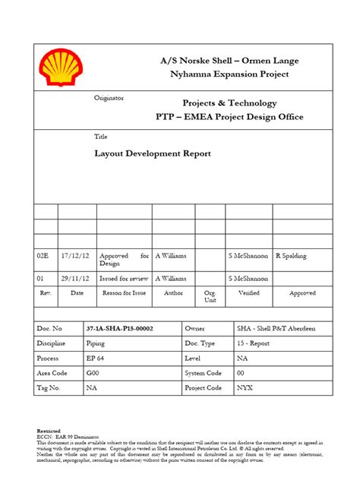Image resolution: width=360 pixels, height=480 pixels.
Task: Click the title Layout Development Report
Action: [x=152, y=153]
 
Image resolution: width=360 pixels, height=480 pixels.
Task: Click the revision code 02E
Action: [x=43, y=257]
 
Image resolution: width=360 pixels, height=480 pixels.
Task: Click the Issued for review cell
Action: [x=122, y=279]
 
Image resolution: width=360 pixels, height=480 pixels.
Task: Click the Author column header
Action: [x=173, y=292]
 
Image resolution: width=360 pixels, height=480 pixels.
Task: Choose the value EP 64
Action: [x=95, y=358]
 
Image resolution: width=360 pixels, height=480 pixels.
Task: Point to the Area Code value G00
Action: [x=92, y=373]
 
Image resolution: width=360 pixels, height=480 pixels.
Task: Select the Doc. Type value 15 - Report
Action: [x=254, y=343]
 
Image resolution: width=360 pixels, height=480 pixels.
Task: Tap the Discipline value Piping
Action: [x=95, y=343]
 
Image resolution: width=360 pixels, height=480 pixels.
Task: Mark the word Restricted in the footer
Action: [x=50, y=430]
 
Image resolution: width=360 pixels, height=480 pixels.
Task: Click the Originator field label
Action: [x=109, y=99]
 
